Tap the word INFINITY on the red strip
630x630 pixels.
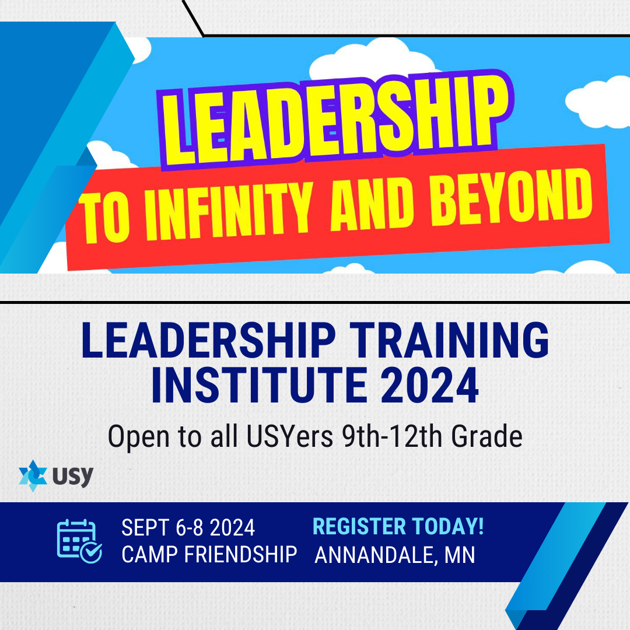pos(229,212)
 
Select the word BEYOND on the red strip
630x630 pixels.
pos(512,197)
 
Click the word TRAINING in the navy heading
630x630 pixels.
pos(449,340)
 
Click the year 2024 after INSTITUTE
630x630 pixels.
pos(429,385)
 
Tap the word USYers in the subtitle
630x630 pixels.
pos(290,436)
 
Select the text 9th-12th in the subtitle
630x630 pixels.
pos(392,436)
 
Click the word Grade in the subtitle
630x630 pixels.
pos(487,436)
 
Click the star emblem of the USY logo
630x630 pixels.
pos(33,476)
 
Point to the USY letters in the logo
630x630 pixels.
pos(73,477)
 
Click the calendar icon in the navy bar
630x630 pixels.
pos(79,541)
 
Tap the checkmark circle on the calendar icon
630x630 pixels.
pos(91,553)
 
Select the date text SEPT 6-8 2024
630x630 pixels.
pos(188,527)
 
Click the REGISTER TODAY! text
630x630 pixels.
pos(398,526)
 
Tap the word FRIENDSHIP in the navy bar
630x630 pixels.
pos(240,555)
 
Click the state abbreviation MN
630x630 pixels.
pos(460,555)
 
